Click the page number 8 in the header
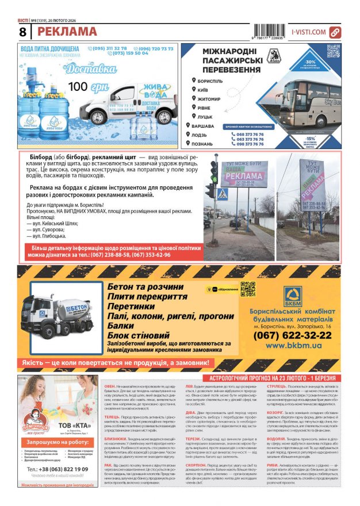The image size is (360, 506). tap(23, 32)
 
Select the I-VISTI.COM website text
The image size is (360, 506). tap(309, 32)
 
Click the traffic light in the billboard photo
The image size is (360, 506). tap(214, 171)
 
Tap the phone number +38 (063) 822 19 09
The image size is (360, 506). tap(58, 469)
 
